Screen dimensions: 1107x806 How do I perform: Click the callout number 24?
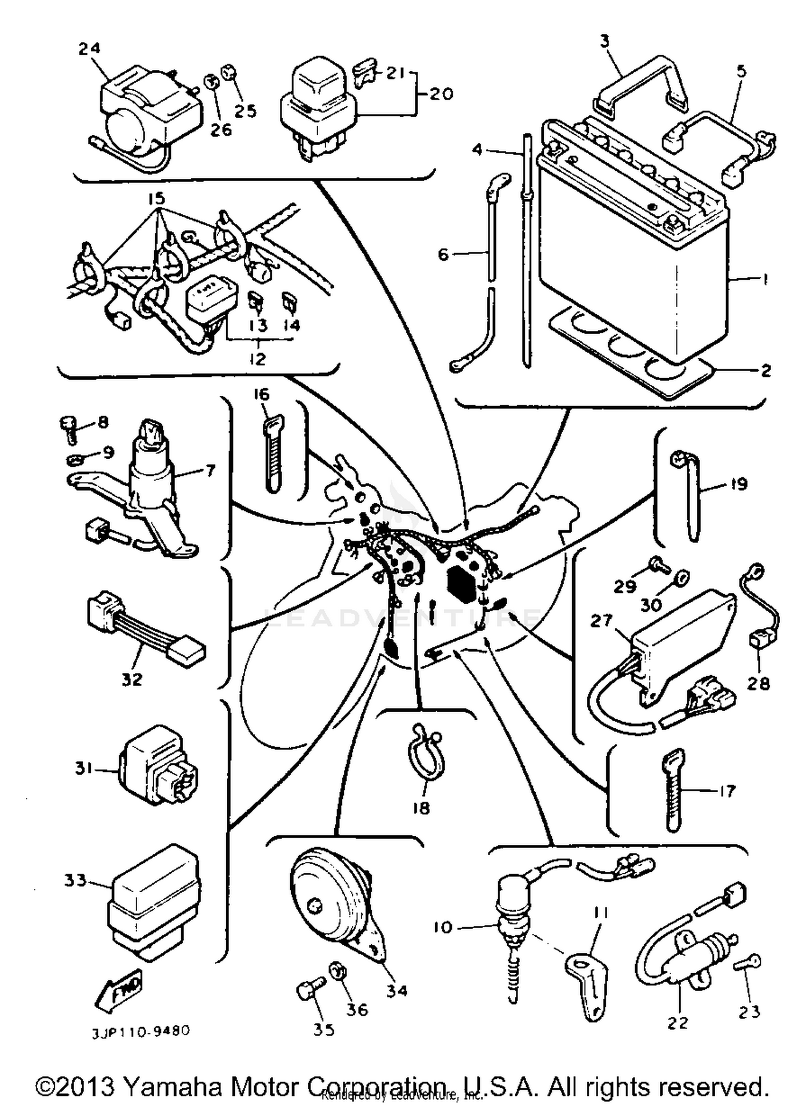pos(89,48)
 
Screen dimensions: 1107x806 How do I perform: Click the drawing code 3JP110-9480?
pos(141,1031)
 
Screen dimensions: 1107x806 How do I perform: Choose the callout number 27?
pos(601,620)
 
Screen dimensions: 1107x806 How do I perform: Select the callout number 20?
pos(442,93)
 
